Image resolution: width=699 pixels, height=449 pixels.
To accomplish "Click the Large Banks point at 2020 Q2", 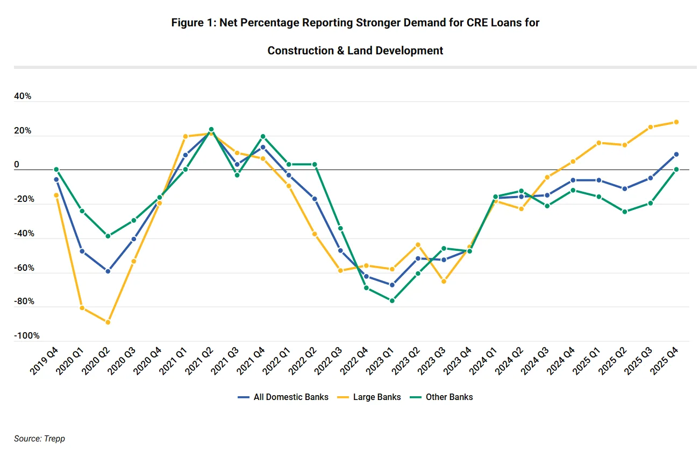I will click(x=108, y=322).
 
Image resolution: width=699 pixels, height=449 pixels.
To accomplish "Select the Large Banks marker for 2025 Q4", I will click(x=676, y=122).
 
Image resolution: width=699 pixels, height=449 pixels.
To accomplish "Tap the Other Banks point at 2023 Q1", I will click(x=392, y=300).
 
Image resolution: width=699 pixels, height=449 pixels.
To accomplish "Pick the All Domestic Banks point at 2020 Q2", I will click(x=108, y=271).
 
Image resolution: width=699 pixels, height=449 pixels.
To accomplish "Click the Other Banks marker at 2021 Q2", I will click(x=211, y=129).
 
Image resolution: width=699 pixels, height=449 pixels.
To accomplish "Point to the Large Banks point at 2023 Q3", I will click(x=444, y=281).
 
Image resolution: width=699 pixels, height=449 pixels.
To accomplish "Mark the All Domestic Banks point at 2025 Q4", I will click(x=676, y=155).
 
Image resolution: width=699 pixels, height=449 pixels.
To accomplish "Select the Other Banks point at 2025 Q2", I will click(x=624, y=212).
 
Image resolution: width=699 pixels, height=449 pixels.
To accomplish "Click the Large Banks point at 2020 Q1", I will click(x=82, y=308).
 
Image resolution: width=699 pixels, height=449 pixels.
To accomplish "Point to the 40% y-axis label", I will click(x=23, y=97).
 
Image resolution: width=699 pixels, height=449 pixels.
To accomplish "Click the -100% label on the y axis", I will click(x=27, y=336).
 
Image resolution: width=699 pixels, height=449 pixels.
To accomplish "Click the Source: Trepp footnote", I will click(x=39, y=439).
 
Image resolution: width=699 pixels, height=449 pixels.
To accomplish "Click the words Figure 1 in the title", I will click(x=192, y=23).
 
